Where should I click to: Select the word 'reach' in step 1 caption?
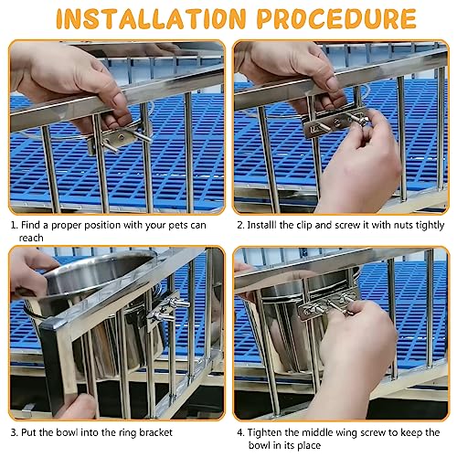[x=31, y=238]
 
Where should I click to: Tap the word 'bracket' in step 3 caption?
[x=155, y=432]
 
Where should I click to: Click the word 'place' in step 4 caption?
[x=309, y=445]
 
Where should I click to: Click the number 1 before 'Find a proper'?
[x=14, y=226]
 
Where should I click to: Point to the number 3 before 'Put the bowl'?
[x=14, y=432]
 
